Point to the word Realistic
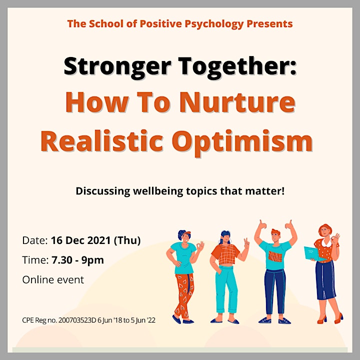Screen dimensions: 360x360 pos(102,140)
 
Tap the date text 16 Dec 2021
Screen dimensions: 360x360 pos(81,240)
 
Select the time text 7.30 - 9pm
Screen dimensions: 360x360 pos(77,260)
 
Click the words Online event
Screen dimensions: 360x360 pos(53,280)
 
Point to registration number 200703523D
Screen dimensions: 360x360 pos(77,320)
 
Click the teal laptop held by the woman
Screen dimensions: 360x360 pos(312,254)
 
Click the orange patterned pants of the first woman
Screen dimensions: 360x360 pos(184,295)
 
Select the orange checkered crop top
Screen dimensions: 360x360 pos(225,254)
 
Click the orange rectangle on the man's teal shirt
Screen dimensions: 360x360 pos(275,256)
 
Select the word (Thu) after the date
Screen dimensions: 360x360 pos(127,240)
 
